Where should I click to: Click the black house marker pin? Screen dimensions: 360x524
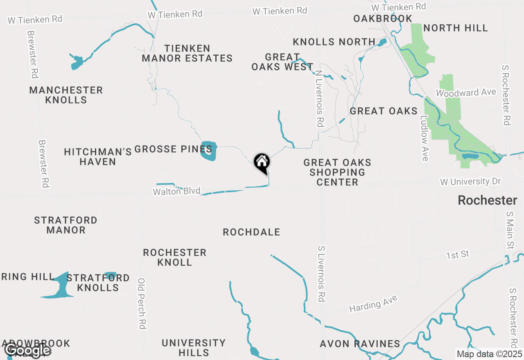pyautogui.click(x=262, y=162)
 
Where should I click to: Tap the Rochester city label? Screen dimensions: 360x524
pyautogui.click(x=487, y=200)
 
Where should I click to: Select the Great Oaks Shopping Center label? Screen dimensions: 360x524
pyautogui.click(x=337, y=172)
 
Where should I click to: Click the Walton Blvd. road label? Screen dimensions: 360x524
pyautogui.click(x=178, y=191)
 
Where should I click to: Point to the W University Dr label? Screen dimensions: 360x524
pyautogui.click(x=470, y=181)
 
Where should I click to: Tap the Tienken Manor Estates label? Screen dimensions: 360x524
pyautogui.click(x=187, y=54)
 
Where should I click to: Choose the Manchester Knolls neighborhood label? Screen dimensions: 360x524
pyautogui.click(x=66, y=95)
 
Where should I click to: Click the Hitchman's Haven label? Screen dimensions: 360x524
pyautogui.click(x=98, y=157)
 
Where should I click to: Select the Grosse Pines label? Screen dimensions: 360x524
pyautogui.click(x=173, y=149)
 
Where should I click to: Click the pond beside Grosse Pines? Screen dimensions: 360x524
pyautogui.click(x=209, y=151)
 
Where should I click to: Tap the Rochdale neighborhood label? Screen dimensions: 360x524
pyautogui.click(x=251, y=232)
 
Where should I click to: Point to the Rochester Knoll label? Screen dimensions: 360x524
pyautogui.click(x=175, y=257)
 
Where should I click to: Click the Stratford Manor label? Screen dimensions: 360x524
pyautogui.click(x=65, y=225)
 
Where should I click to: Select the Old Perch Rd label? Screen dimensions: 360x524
pyautogui.click(x=142, y=304)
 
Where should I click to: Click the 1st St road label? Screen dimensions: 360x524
pyautogui.click(x=458, y=255)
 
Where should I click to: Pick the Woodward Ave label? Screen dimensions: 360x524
pyautogui.click(x=466, y=93)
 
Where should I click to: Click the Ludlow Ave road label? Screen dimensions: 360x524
pyautogui.click(x=424, y=138)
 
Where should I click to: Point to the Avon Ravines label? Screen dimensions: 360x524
pyautogui.click(x=360, y=344)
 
